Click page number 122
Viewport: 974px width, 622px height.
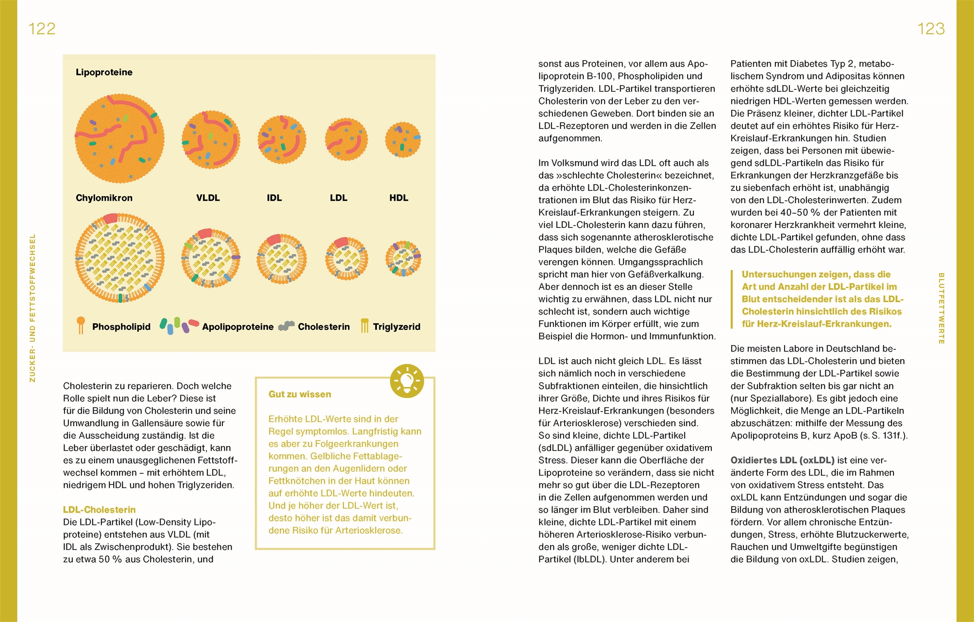42,29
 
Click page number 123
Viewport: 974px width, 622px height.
931,29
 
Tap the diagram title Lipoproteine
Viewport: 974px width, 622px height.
104,72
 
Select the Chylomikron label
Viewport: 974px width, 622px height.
104,198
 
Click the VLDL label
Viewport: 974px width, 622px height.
208,198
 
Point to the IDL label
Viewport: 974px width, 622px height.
274,198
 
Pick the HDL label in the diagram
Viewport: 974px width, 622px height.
399,198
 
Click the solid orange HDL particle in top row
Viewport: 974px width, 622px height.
403,139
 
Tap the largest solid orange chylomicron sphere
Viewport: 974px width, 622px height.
119,138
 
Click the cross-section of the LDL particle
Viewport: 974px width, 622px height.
346,258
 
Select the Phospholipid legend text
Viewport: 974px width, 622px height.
121,327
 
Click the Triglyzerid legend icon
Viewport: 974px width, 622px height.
365,326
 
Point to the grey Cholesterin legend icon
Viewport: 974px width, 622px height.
286,326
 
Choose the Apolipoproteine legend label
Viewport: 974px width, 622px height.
238,327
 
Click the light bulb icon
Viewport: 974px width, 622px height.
407,380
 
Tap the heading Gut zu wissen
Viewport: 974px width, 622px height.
300,395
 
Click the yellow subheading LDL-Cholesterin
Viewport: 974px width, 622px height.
99,510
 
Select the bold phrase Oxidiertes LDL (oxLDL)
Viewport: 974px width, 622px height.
782,460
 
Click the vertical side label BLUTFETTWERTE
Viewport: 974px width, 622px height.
941,309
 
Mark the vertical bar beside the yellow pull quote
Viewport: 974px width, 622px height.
732,299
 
